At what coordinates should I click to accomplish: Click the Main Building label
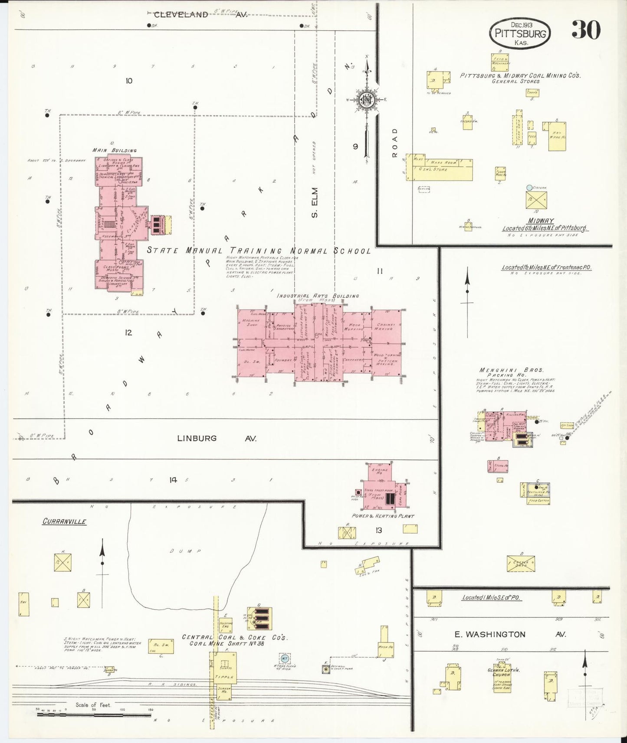pos(115,150)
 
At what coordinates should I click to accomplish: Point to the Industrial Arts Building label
pos(318,296)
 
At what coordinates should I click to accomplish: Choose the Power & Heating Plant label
pos(383,516)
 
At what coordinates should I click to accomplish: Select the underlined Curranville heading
pos(64,521)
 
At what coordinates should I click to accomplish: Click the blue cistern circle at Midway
pos(529,187)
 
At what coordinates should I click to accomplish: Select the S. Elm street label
pos(315,202)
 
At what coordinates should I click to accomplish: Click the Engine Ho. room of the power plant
pos(379,472)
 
